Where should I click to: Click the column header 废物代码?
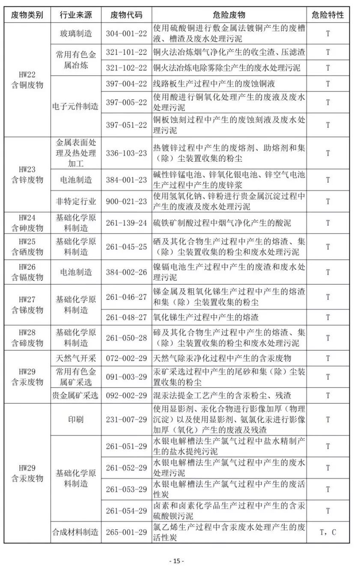pos(126,15)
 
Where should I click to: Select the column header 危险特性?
pos(327,15)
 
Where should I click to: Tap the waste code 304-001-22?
pos(126,33)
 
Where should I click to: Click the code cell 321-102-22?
pos(126,68)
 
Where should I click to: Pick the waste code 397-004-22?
pos(126,83)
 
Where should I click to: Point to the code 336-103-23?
pos(126,153)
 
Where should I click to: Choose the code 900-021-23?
pos(126,201)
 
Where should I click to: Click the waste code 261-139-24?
pos(126,223)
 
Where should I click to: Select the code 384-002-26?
pos(126,272)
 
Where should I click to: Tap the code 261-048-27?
pos(126,317)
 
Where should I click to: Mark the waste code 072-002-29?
pos(126,358)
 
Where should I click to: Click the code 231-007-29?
pos(126,420)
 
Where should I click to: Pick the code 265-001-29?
pos(126,532)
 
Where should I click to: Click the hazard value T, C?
pos(327,532)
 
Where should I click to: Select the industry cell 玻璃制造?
pos(76,33)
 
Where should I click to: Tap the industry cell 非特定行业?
pos(76,201)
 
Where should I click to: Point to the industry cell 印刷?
pos(76,420)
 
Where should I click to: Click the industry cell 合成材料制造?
pos(76,532)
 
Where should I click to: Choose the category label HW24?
pos(27,218)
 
